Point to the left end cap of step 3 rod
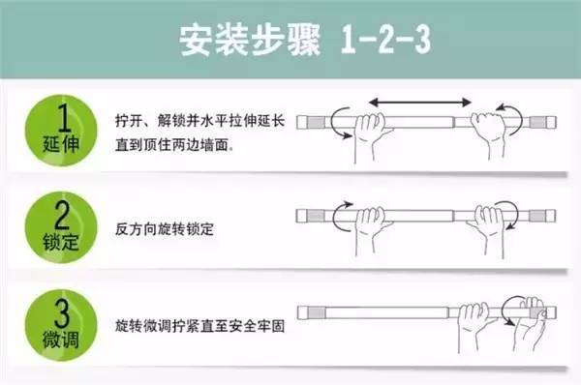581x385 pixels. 308,311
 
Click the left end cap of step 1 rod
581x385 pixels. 309,121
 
